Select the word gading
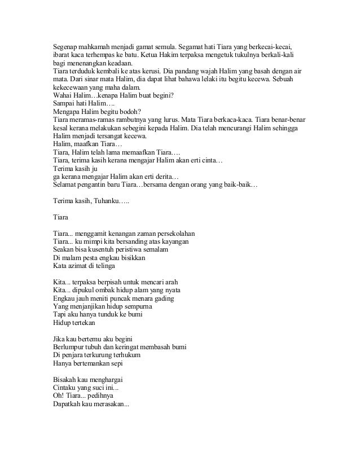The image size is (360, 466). pos(163,298)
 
